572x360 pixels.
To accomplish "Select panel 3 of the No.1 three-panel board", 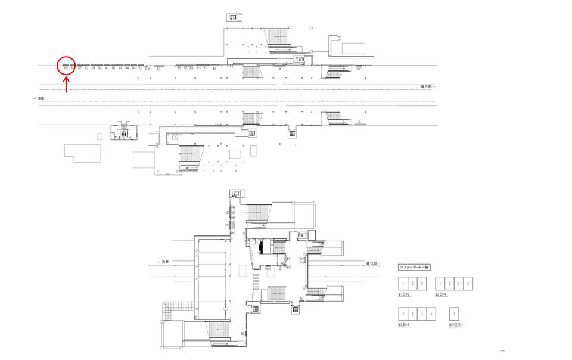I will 422,284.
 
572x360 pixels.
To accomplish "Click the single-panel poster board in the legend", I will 455,314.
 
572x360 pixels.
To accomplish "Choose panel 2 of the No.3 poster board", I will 412,314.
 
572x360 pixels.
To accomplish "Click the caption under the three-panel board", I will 406,294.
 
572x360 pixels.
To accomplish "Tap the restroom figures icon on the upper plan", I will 124,135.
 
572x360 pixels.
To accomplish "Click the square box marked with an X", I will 175,137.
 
